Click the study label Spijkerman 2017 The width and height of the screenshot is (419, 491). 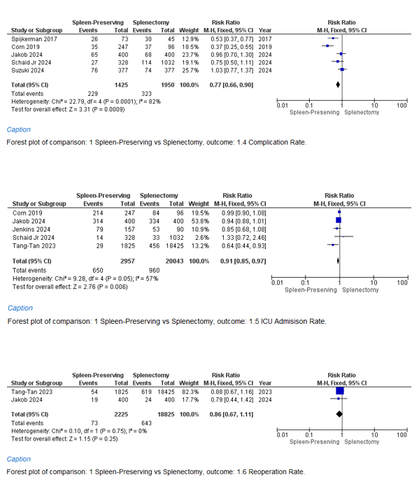click(x=34, y=39)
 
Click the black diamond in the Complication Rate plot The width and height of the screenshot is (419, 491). click(x=338, y=85)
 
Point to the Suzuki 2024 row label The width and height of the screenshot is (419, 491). click(x=27, y=71)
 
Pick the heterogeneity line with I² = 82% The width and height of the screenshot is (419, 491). click(x=86, y=102)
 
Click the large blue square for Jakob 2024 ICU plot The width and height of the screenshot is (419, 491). click(x=338, y=220)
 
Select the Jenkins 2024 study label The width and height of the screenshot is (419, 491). click(x=31, y=229)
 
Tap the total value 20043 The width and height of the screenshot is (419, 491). click(x=174, y=261)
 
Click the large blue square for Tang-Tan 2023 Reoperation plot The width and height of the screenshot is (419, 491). click(x=340, y=391)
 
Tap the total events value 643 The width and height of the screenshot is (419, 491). click(x=147, y=423)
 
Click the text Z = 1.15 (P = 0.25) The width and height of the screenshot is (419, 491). click(x=94, y=439)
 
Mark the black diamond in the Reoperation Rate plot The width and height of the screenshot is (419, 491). click(x=339, y=414)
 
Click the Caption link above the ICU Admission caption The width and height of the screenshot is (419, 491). click(x=20, y=308)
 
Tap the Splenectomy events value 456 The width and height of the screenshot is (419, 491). click(x=155, y=246)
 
